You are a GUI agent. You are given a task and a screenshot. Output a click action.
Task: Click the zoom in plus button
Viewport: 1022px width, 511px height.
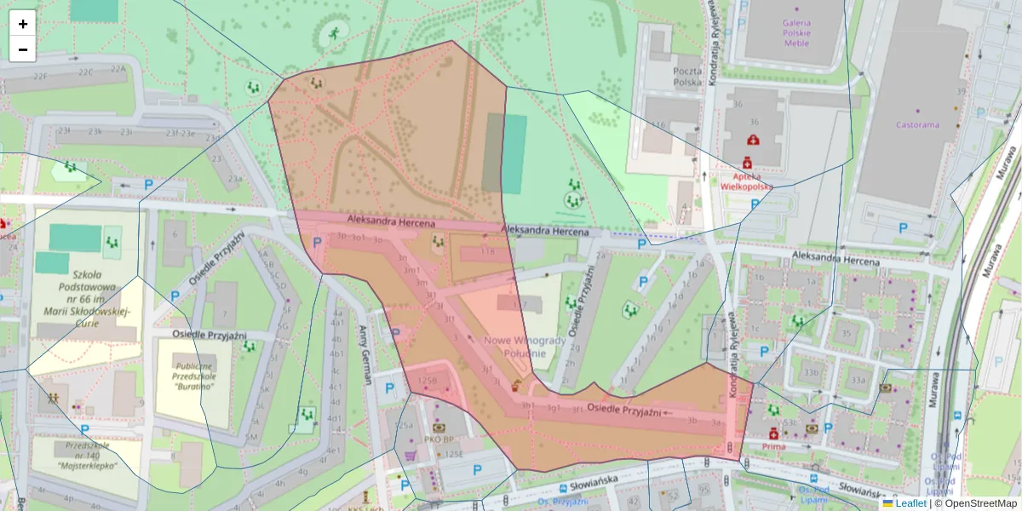(23, 24)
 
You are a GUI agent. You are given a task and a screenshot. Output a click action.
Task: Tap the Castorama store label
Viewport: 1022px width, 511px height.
(917, 124)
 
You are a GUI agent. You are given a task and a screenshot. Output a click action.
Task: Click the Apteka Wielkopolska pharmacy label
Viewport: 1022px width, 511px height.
(746, 180)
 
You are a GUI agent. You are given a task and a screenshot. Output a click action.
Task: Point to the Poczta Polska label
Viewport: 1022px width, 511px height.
(686, 77)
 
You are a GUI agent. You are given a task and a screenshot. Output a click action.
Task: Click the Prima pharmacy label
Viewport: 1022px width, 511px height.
(773, 446)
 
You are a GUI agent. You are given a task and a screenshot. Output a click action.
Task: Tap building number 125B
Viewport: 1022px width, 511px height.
(426, 381)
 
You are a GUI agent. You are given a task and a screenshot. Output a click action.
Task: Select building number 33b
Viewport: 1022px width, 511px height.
(811, 372)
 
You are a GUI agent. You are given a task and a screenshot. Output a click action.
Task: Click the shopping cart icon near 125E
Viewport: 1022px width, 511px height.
(411, 456)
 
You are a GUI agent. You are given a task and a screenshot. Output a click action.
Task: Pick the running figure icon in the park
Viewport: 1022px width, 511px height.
(334, 34)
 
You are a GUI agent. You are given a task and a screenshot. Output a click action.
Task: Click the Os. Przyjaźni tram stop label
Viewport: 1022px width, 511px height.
(566, 502)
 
